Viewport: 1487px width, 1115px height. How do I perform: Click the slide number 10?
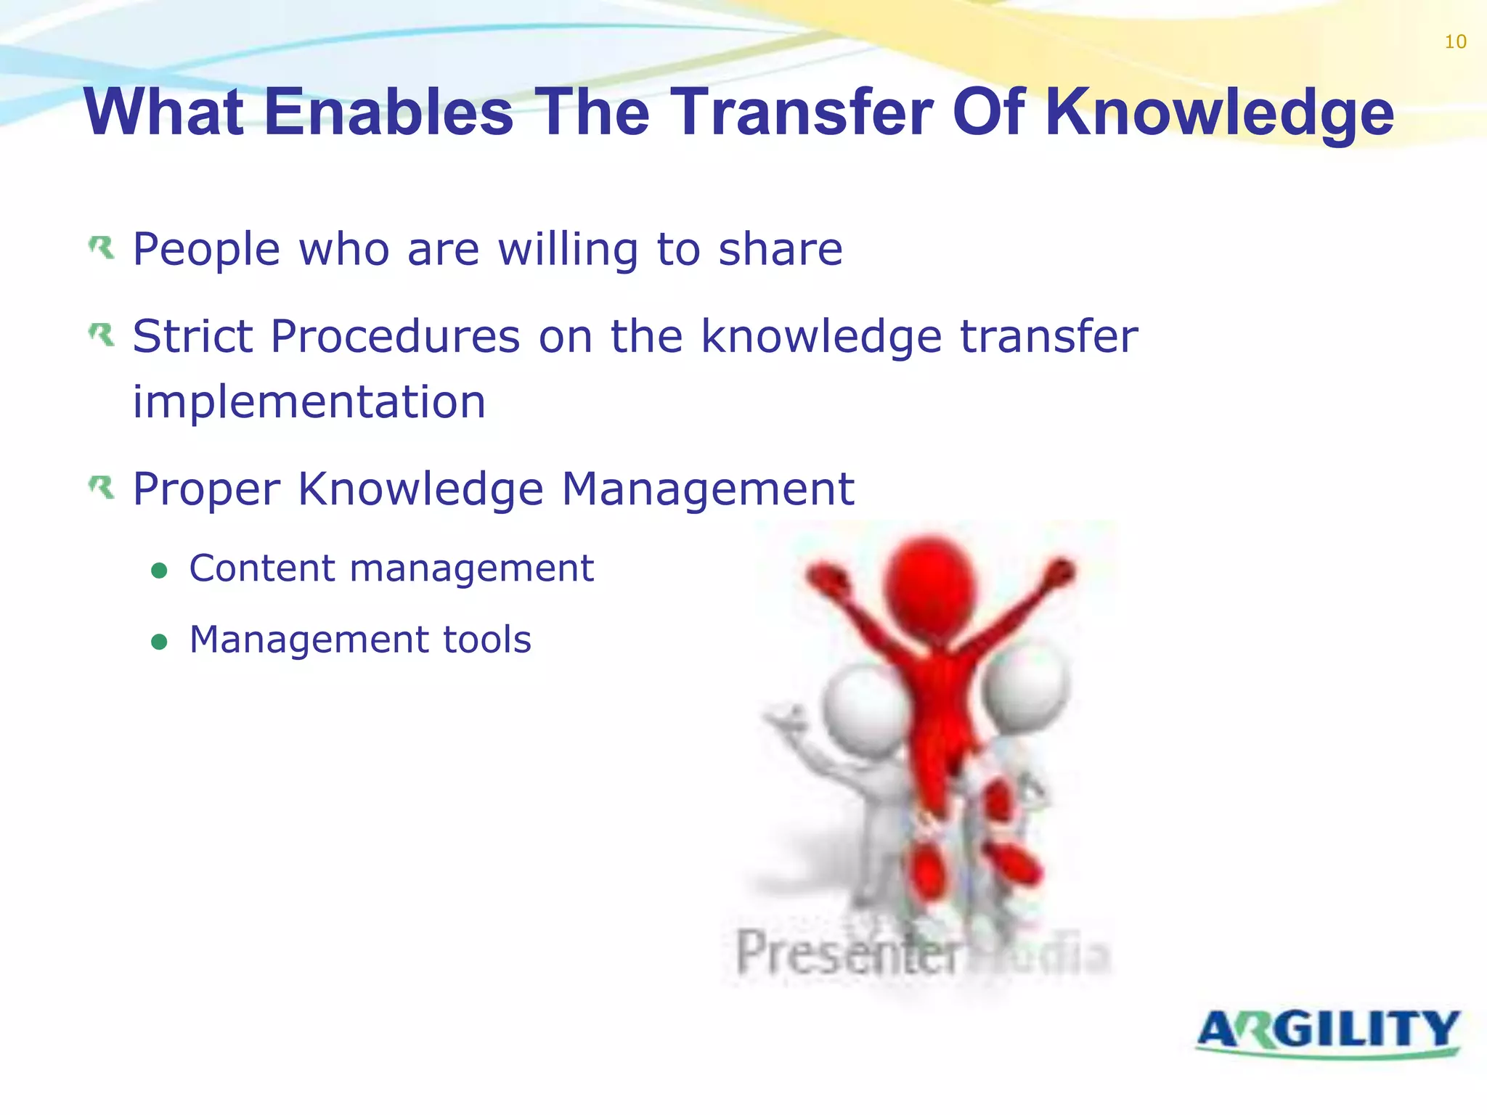tap(1455, 42)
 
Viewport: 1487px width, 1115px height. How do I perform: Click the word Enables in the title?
tap(388, 112)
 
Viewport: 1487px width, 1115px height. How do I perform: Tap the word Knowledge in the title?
tap(1219, 113)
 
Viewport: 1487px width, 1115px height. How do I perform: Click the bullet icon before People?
tap(102, 248)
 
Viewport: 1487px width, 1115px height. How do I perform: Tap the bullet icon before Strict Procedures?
tap(102, 335)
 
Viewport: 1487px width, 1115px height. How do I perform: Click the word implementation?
tap(309, 403)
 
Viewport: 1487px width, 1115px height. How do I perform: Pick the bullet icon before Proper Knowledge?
tap(102, 488)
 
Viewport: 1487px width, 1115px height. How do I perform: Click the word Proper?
tap(206, 490)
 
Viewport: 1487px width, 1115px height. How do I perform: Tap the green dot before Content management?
tap(159, 571)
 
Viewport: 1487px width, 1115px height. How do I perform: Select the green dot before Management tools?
tap(159, 642)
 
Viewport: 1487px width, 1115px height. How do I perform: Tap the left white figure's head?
tap(864, 711)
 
